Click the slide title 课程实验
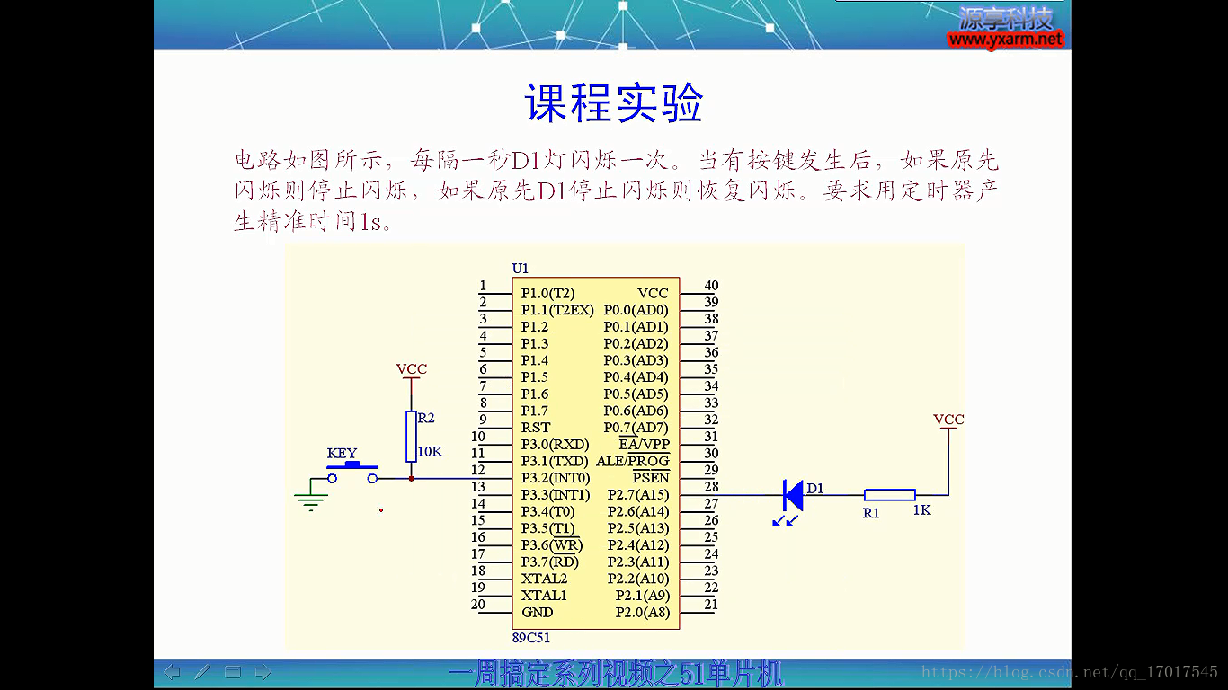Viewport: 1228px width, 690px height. click(614, 102)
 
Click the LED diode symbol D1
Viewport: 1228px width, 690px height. click(793, 495)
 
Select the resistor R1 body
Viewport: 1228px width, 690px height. click(889, 495)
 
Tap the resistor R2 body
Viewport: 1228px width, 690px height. click(411, 437)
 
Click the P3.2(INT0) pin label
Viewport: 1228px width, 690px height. click(556, 478)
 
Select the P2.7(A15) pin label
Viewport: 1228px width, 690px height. click(638, 495)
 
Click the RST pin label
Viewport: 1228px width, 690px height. click(536, 428)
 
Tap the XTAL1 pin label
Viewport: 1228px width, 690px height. click(544, 595)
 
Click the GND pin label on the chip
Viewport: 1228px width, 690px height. click(537, 612)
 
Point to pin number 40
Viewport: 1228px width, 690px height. click(711, 285)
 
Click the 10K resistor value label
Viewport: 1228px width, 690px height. click(430, 452)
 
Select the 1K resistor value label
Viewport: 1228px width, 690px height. click(922, 510)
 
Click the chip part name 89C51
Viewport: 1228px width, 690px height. click(530, 637)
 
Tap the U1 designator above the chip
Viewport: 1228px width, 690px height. click(520, 268)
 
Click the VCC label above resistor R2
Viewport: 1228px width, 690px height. click(411, 369)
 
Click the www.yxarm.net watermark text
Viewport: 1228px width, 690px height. click(1005, 40)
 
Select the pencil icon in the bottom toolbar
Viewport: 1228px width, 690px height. click(202, 671)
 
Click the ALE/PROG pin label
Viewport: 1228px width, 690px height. click(633, 461)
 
